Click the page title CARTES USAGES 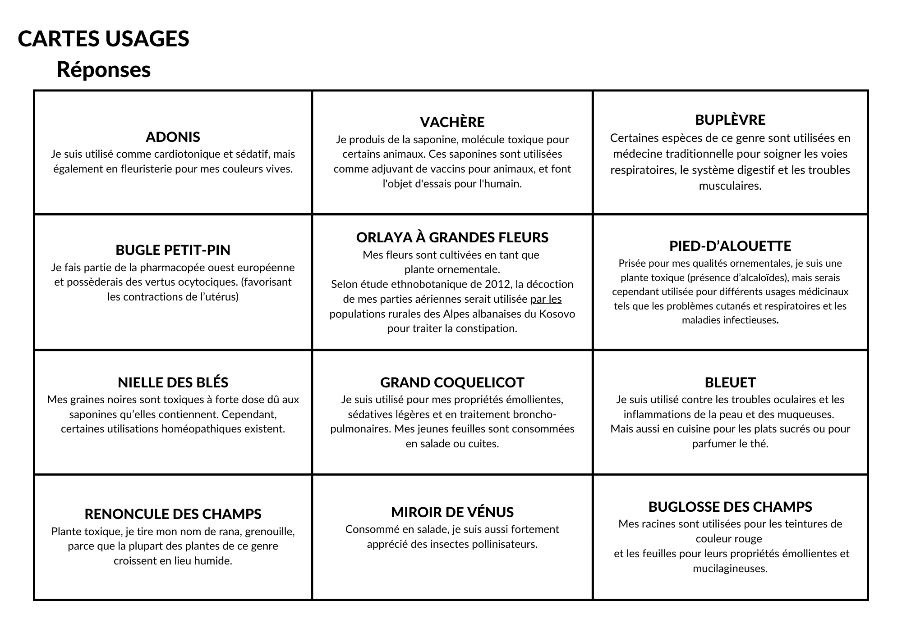point(103,39)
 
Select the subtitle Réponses point(103,70)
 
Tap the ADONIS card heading point(173,137)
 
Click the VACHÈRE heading point(452,122)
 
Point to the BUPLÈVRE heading point(730,120)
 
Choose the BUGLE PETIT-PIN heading point(173,250)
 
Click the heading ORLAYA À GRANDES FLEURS point(452,237)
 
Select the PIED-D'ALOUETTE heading point(730,246)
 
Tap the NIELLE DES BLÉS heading point(173,382)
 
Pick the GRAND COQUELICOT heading point(452,382)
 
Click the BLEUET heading point(730,382)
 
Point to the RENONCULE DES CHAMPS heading point(173,514)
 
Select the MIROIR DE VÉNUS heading point(452,512)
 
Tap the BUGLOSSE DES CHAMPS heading point(730,507)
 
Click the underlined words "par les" point(546,299)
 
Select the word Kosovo point(557,314)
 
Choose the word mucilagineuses point(730,569)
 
